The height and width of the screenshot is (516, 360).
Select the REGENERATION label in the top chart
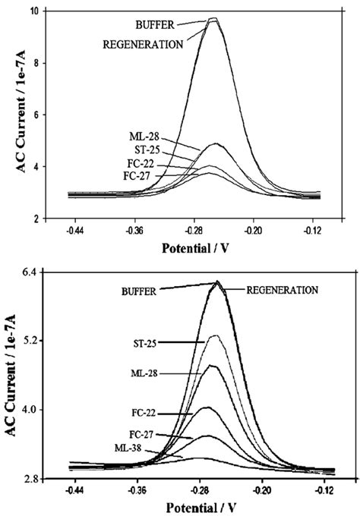[x=143, y=44]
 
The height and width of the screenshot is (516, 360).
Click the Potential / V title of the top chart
[x=202, y=247]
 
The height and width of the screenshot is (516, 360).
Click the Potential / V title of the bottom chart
[x=202, y=507]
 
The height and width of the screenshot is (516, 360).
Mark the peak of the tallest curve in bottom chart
[x=218, y=282]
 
